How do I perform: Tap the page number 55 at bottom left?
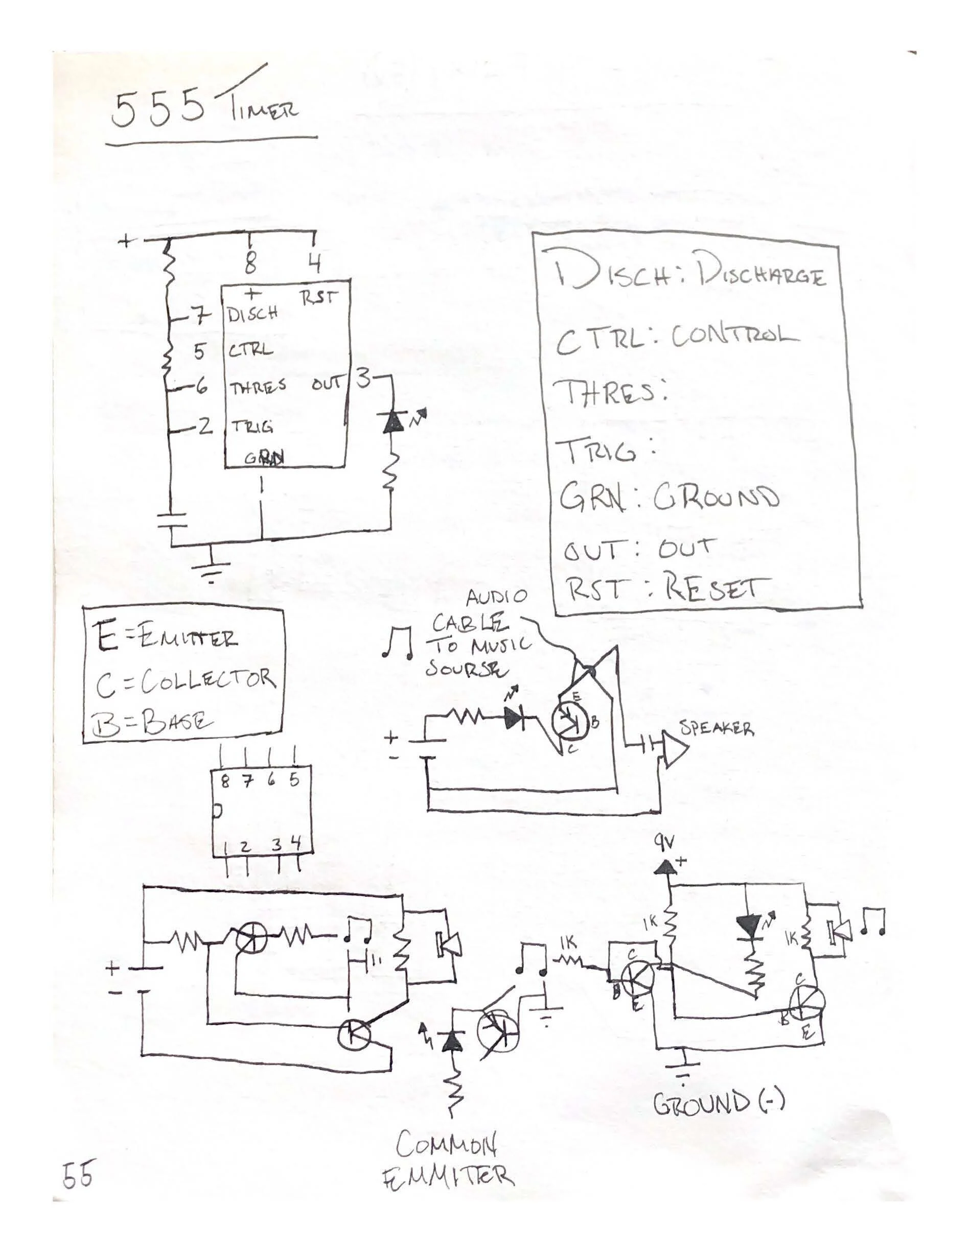pyautogui.click(x=78, y=1174)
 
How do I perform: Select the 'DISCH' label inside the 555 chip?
pyautogui.click(x=252, y=314)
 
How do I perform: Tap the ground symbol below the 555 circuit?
pyautogui.click(x=211, y=568)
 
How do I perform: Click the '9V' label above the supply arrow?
pyautogui.click(x=665, y=842)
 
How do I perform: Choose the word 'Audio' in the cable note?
pyautogui.click(x=495, y=598)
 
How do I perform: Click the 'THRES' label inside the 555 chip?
pyautogui.click(x=258, y=388)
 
